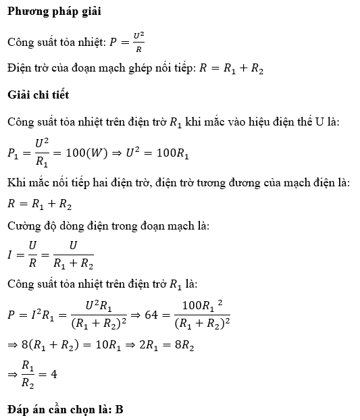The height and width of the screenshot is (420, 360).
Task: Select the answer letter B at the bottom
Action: pyautogui.click(x=119, y=409)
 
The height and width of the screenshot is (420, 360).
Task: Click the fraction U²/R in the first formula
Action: pyautogui.click(x=138, y=42)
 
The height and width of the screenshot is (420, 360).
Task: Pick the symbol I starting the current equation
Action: pyautogui.click(x=10, y=255)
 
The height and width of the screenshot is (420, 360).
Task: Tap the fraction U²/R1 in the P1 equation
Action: pyautogui.click(x=43, y=154)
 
